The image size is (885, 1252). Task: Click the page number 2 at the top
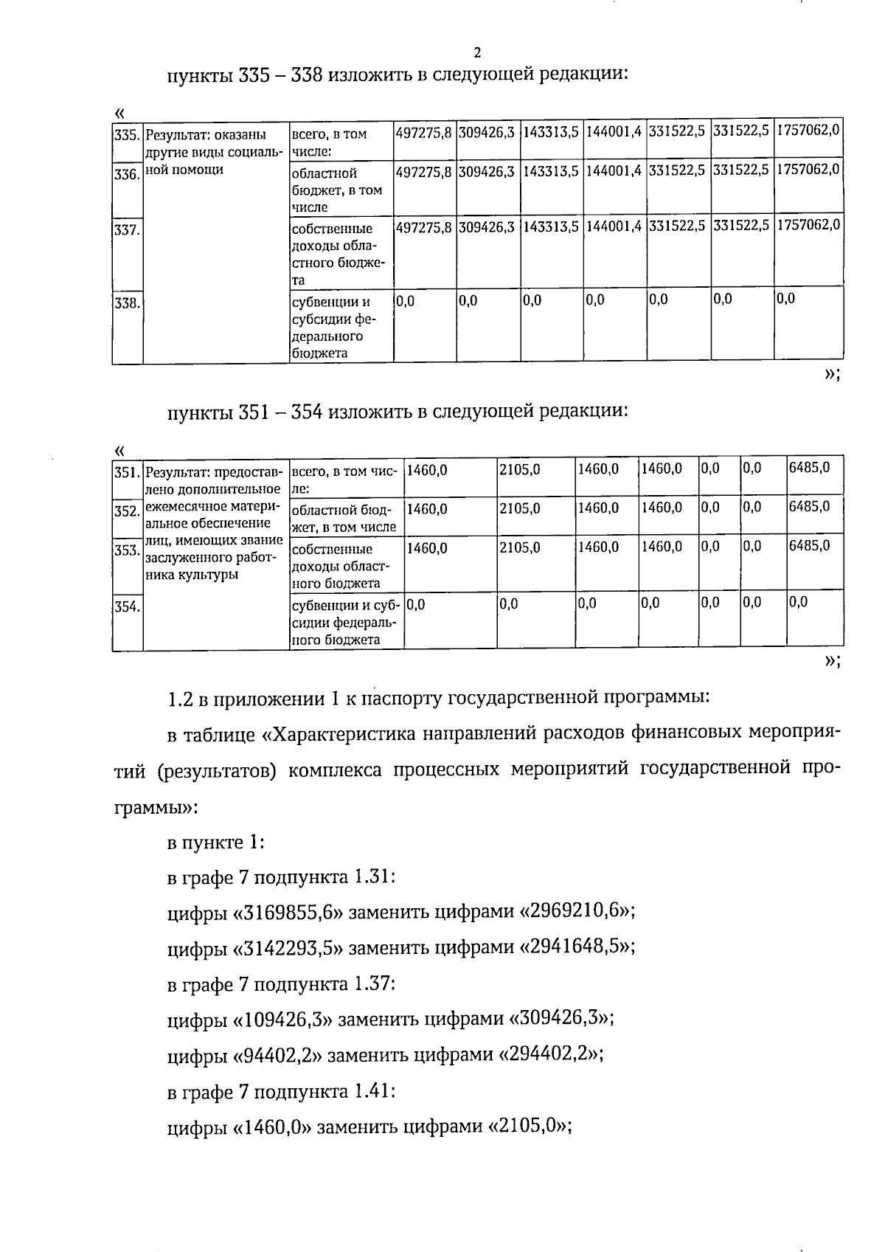click(x=477, y=52)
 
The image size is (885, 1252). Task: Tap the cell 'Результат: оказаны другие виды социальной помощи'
click(x=215, y=152)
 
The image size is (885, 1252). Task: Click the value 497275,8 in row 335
click(x=424, y=134)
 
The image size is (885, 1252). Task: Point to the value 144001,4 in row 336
click(x=614, y=171)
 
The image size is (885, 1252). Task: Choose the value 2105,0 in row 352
click(x=520, y=508)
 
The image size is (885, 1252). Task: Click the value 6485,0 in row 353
click(x=809, y=546)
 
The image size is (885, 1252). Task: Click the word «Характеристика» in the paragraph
click(x=346, y=735)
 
